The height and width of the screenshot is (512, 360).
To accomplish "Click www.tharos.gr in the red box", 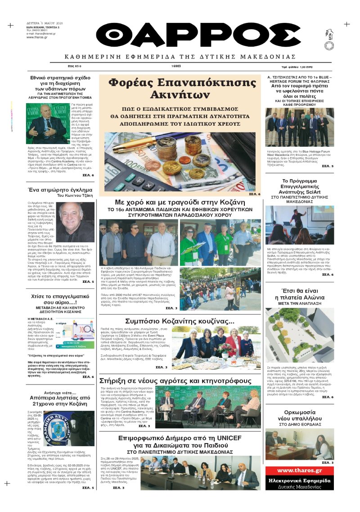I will coord(300,471).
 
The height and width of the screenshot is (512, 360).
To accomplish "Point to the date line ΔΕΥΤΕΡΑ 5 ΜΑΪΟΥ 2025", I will coord(43,23).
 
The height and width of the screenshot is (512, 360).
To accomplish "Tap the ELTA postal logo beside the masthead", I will coord(330,36).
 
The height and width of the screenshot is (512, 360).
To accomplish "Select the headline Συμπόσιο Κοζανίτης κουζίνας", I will coord(180,322).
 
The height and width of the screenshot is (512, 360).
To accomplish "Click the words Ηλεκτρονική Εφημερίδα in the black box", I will coord(300,480).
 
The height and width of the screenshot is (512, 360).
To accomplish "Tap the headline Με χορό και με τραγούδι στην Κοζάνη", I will coord(180,202).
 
